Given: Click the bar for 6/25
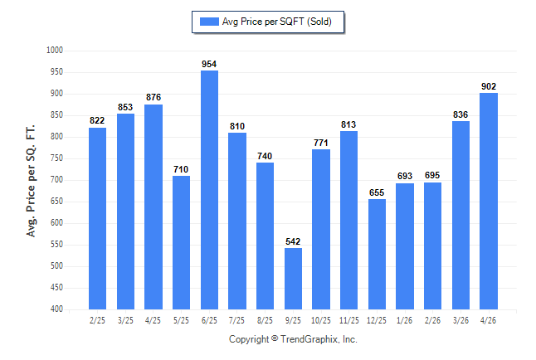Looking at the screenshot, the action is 209,190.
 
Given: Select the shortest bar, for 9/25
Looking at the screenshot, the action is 293,279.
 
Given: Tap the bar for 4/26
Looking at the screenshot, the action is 489,201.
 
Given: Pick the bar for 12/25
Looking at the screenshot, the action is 377,255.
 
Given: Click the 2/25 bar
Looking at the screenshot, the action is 97,218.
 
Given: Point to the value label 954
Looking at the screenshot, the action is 209,64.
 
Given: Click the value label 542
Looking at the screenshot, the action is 293,241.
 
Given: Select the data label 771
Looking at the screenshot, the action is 321,143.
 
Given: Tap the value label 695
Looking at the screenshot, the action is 432,175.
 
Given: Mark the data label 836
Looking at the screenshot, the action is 460,114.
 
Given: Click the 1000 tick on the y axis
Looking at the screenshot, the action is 55,51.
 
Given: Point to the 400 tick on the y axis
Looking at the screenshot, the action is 56,309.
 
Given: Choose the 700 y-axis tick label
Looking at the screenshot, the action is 56,180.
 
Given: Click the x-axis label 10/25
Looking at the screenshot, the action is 321,321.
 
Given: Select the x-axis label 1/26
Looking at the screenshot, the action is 404,321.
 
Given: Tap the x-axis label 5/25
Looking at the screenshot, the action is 181,321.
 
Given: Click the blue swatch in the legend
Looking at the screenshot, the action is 209,22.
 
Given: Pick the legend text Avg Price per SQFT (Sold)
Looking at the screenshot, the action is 277,22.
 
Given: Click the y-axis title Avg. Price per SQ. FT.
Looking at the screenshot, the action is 31,181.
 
